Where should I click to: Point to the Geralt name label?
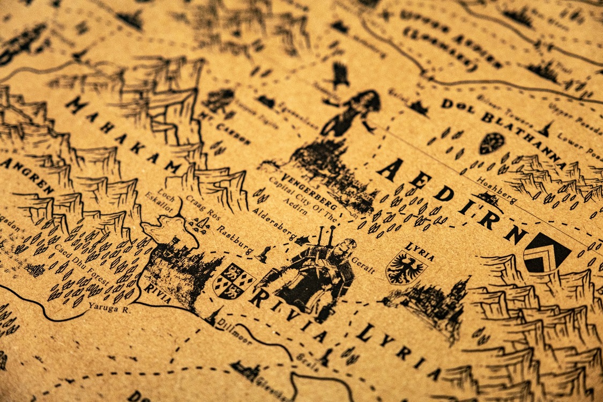point(362,265)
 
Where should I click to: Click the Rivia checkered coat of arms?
point(234,280)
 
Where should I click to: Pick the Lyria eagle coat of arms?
point(406,267)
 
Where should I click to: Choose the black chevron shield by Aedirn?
point(546,252)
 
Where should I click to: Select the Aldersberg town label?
point(273,223)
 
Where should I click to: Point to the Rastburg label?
point(235,240)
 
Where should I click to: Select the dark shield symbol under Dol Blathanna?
point(491,143)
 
